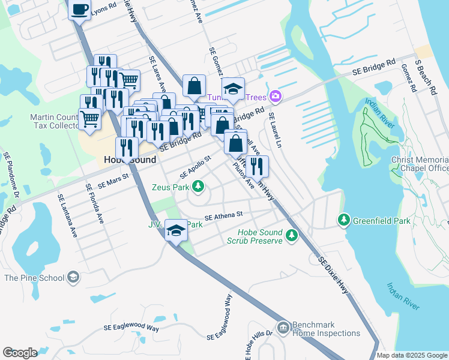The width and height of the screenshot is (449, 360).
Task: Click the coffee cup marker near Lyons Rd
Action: click(79, 10)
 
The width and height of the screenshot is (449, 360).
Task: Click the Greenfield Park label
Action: click(382, 221)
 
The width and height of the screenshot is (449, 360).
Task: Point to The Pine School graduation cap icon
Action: click(73, 277)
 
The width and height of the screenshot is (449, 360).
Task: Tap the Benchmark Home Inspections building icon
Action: click(282, 328)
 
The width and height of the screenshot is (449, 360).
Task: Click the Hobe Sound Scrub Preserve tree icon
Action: click(292, 235)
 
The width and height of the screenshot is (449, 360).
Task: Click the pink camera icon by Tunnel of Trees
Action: click(276, 96)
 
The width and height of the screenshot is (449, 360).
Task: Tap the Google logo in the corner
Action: click(20, 353)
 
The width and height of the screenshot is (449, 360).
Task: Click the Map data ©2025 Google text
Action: click(411, 355)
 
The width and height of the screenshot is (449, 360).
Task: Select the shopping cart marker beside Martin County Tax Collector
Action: click(89, 119)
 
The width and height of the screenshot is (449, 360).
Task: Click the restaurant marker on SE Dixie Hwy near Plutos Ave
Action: click(257, 166)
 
